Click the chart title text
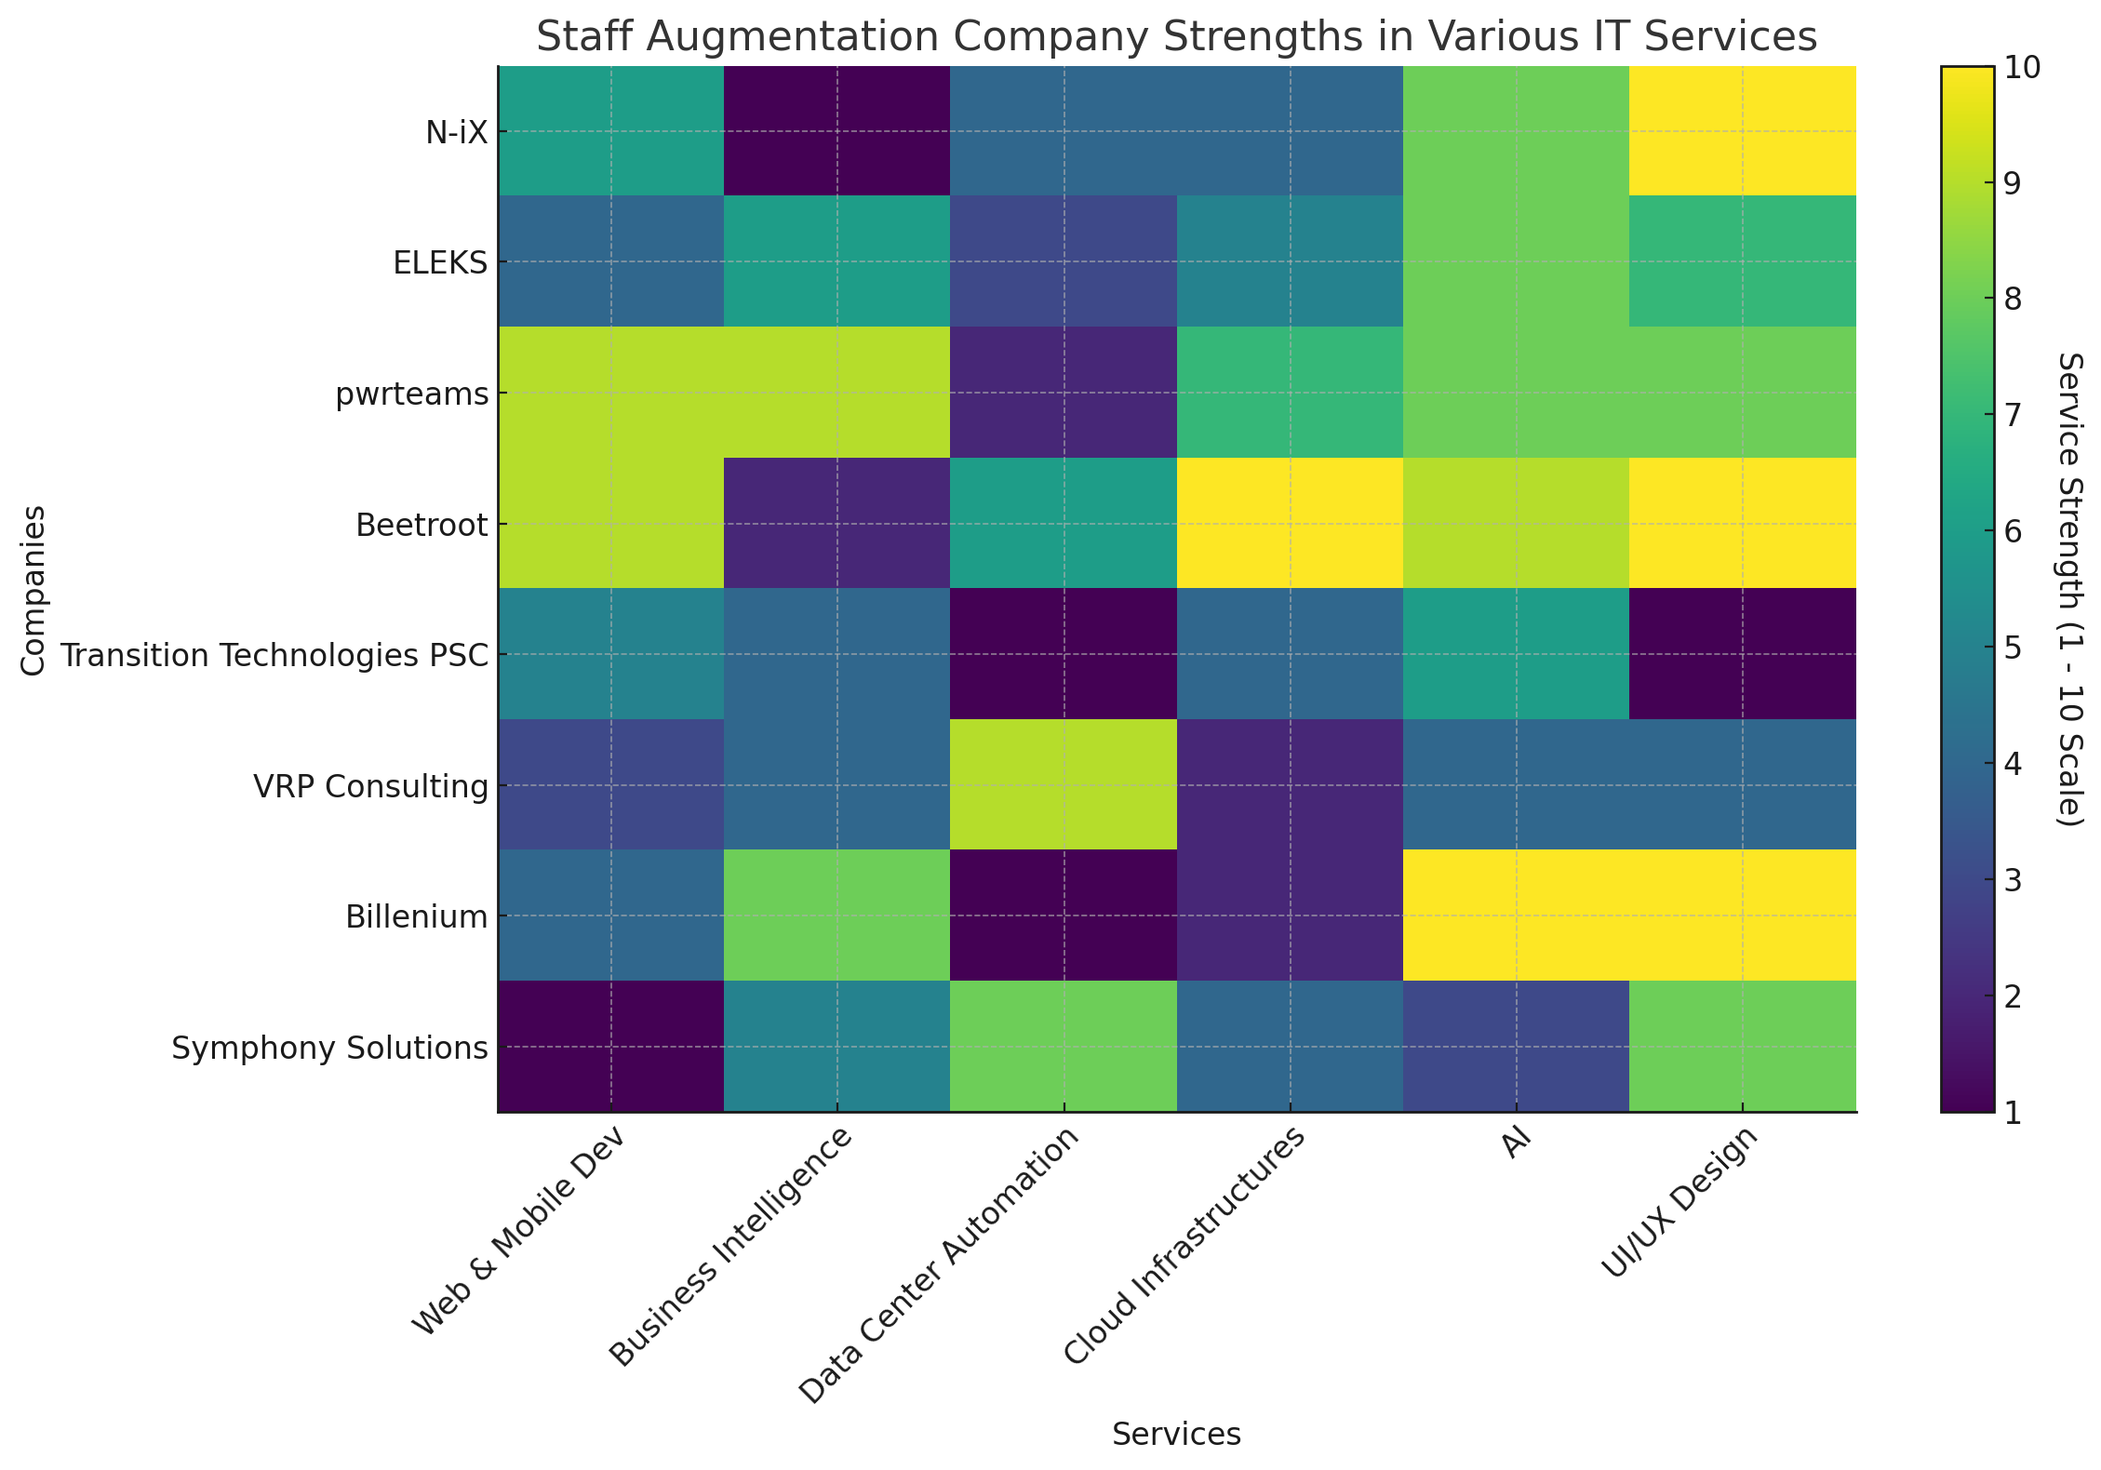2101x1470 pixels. click(1176, 37)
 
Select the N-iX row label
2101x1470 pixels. click(456, 132)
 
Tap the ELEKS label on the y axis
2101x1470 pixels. click(440, 263)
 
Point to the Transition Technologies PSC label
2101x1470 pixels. click(274, 656)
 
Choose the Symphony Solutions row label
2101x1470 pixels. click(329, 1049)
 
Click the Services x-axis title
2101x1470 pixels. click(1176, 1435)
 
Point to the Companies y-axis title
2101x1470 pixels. click(33, 590)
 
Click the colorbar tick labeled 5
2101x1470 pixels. click(2011, 648)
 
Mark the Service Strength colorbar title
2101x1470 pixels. click(2068, 590)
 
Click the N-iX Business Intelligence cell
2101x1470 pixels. click(836, 131)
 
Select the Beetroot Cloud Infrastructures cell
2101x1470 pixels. click(1290, 524)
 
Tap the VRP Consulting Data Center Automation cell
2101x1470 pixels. click(1063, 785)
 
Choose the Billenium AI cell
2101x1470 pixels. click(1516, 915)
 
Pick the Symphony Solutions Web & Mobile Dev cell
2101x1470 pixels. click(611, 1047)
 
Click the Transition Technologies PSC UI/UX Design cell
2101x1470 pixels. click(1742, 654)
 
